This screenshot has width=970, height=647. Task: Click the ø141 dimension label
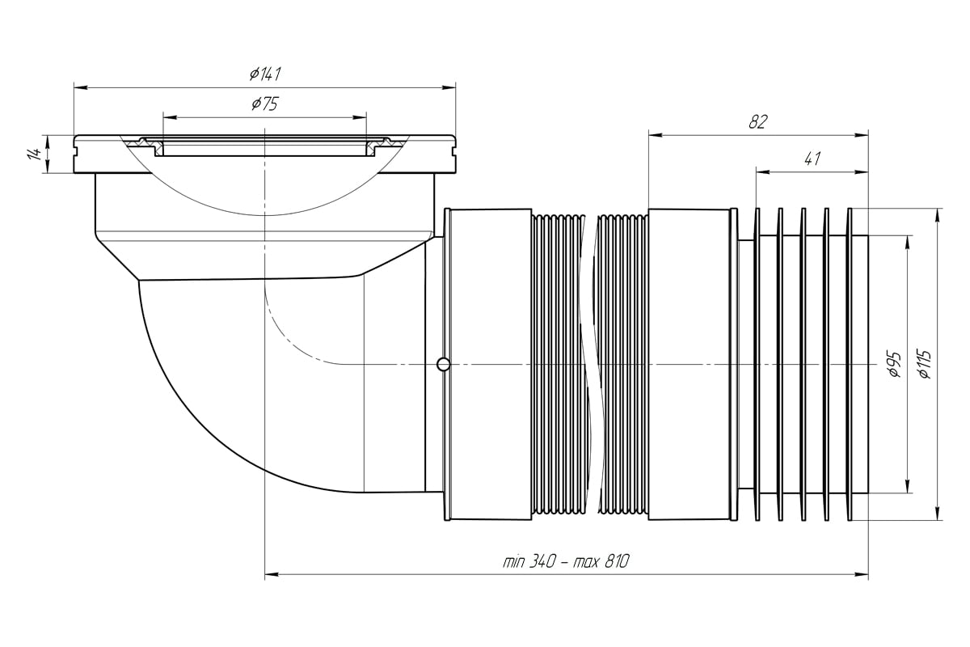265,74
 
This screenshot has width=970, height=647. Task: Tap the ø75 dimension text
265,104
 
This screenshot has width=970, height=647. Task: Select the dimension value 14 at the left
34,154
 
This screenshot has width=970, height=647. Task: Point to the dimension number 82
758,122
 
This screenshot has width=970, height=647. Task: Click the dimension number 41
812,159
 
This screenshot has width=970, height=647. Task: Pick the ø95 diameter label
895,365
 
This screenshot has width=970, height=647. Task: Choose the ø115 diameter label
924,365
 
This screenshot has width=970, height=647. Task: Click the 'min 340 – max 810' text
566,562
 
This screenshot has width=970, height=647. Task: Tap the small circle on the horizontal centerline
443,364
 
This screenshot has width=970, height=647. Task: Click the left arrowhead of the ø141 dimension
81,87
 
